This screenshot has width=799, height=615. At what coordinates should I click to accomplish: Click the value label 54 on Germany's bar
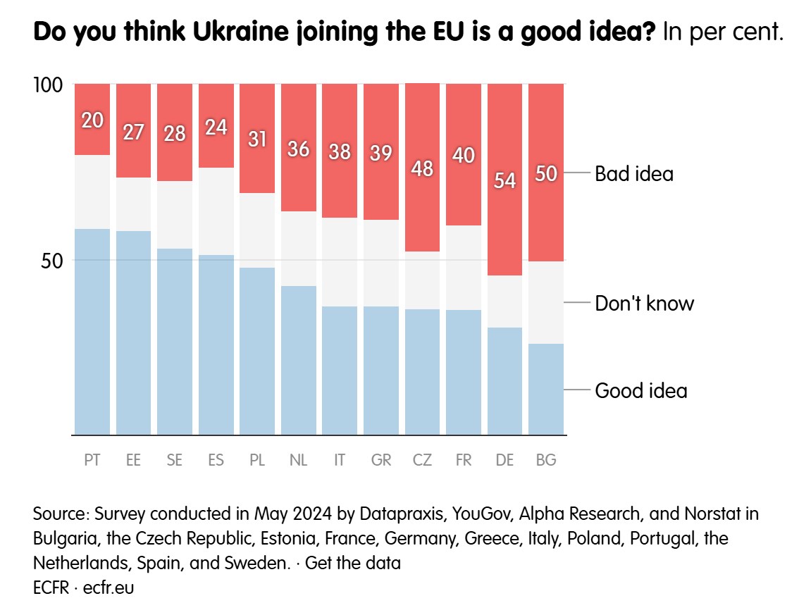click(x=504, y=180)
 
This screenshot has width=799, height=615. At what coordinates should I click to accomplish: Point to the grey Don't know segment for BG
click(x=546, y=302)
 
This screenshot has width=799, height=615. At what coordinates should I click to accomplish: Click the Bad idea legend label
click(x=634, y=173)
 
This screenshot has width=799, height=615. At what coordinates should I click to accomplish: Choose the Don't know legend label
click(x=644, y=304)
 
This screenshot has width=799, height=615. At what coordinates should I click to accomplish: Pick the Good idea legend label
click(x=640, y=390)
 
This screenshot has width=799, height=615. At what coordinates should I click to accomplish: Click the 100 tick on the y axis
click(x=49, y=85)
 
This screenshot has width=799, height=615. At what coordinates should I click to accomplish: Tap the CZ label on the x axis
click(x=422, y=460)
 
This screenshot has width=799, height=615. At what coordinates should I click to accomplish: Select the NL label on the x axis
click(x=298, y=460)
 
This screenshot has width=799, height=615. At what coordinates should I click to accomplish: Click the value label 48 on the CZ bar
click(x=422, y=169)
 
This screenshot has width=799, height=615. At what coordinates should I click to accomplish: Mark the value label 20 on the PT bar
click(x=92, y=120)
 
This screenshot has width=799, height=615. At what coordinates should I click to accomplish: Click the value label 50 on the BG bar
click(x=546, y=173)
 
